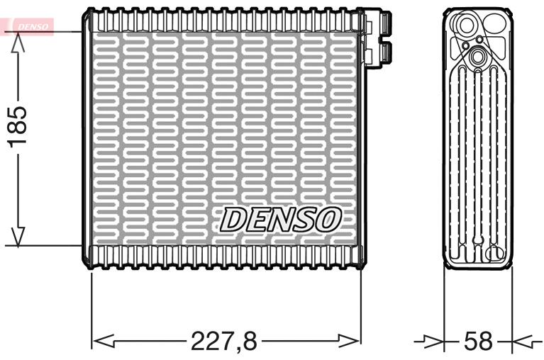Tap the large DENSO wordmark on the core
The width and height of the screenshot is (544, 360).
click(x=280, y=219)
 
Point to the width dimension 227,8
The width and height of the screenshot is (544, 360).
click(x=223, y=342)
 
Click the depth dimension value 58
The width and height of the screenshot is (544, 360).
click(x=477, y=342)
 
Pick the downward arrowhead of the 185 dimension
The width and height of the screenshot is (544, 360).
click(x=18, y=237)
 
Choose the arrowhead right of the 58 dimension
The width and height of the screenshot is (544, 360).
click(x=522, y=342)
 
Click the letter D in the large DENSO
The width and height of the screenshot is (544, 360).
click(x=233, y=219)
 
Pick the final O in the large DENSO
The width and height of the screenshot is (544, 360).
click(x=328, y=219)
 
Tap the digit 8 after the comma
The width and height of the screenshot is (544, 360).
click(x=248, y=342)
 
